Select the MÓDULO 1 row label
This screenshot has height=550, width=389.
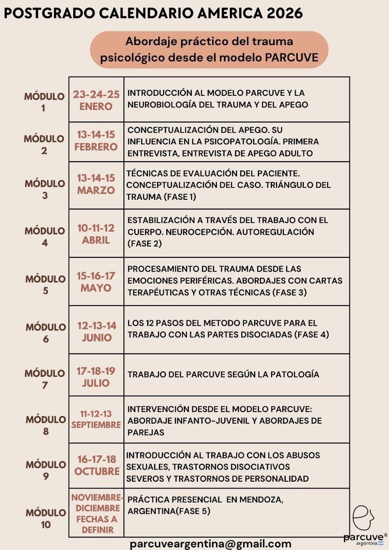pos(44,102)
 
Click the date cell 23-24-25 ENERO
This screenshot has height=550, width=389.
pos(96,100)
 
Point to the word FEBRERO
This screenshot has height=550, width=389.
pos(96,147)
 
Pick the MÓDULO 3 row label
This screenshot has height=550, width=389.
pos(44,189)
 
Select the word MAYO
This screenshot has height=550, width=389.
pos(96,288)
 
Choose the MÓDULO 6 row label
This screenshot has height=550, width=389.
pos(46,333)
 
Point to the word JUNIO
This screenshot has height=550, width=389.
pos(97,338)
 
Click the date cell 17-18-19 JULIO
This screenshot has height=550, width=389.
pos(96,376)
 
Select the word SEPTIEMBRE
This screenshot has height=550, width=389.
pos(96,425)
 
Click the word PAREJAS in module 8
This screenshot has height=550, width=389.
pos(146,433)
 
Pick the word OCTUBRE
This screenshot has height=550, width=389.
pos(97,471)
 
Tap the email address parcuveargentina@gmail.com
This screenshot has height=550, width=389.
pos(210,544)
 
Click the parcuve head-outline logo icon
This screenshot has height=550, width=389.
pos(362,518)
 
